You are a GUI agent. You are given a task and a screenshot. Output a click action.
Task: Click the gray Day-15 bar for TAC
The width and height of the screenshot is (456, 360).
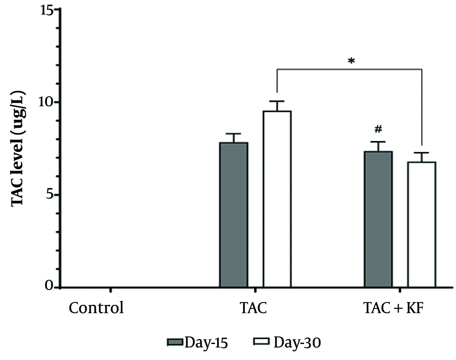tap(233, 214)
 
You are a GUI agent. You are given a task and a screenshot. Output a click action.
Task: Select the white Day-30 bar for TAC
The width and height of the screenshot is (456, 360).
tap(277, 199)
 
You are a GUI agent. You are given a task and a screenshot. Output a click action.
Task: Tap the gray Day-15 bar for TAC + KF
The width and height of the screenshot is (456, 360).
tap(378, 219)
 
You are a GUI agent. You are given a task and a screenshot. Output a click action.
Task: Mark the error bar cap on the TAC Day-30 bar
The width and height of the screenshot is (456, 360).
tap(277, 101)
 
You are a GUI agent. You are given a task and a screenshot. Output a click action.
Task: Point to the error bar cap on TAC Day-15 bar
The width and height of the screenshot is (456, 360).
tap(233, 134)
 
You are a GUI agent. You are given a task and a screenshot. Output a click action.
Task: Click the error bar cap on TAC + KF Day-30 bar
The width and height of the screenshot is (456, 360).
tap(421, 153)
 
